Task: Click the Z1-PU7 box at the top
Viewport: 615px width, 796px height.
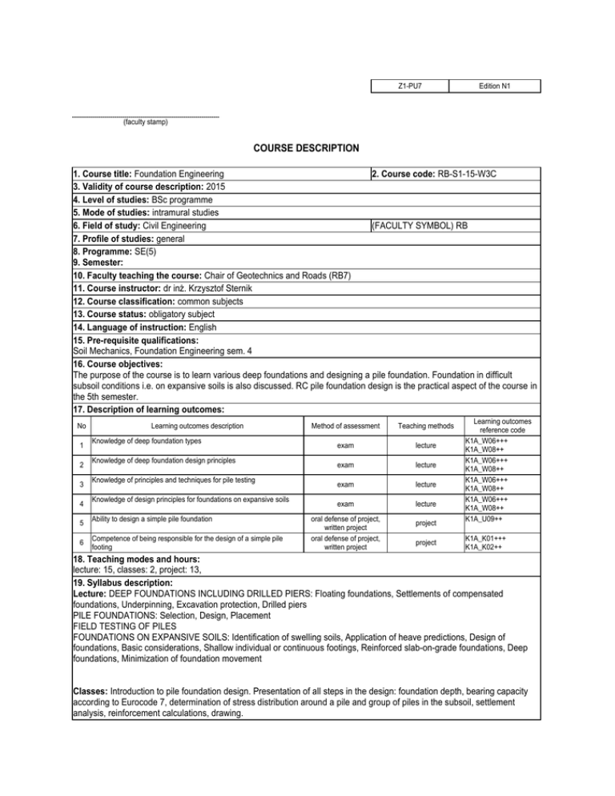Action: coord(409,85)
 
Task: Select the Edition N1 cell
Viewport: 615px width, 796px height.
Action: coord(494,85)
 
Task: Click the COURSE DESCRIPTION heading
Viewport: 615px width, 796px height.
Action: coord(306,147)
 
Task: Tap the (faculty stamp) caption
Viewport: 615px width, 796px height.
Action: coord(145,123)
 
